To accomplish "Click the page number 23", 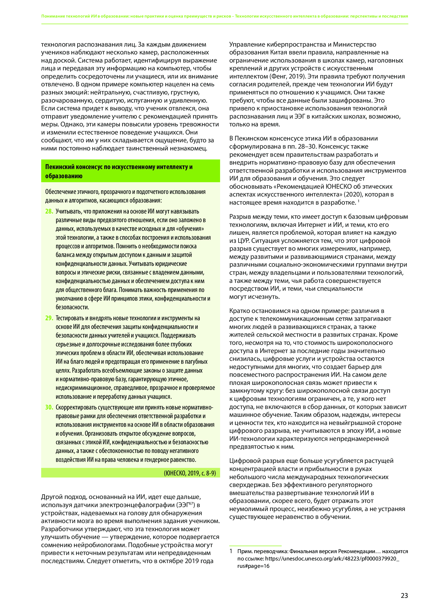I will [x=404, y=595].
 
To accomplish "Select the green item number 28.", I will [x=49, y=211].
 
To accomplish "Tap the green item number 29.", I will [x=49, y=318].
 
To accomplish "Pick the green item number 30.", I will [x=49, y=407].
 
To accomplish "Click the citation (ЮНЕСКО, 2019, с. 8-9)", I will [x=190, y=473].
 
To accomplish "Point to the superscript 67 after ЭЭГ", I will [x=191, y=503].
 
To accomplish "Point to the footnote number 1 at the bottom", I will [x=231, y=551].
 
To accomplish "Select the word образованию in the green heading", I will [x=64, y=176].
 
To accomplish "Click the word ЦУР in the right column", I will [x=239, y=241].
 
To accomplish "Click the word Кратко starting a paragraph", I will [x=240, y=311].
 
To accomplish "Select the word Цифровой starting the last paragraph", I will [x=245, y=461].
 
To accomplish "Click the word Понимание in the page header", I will [x=53, y=16].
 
